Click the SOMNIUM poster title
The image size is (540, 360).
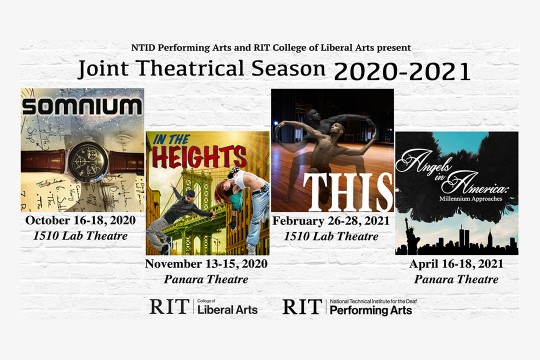point(82,105)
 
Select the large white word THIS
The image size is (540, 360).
point(331,191)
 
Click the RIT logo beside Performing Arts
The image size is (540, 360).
point(302,308)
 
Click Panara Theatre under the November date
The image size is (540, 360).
point(207,281)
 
